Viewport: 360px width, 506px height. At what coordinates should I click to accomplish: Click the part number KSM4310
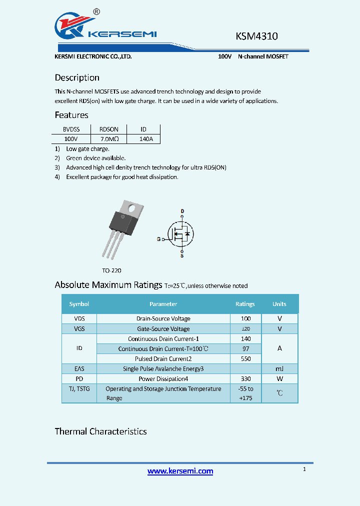(256, 36)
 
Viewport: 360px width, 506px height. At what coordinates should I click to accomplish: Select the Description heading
(77, 77)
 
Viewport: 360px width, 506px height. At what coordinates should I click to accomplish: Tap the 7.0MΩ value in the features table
(108, 138)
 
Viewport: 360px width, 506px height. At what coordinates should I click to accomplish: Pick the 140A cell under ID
(143, 138)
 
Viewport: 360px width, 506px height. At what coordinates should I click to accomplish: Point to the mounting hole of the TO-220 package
(133, 206)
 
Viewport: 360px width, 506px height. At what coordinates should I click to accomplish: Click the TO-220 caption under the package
(111, 270)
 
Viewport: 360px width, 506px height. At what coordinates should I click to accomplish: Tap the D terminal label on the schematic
(182, 211)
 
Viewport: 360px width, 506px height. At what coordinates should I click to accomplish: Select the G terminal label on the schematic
(158, 239)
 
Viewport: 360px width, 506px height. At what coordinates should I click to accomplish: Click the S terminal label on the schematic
(181, 256)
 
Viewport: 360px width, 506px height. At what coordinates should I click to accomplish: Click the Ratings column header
(245, 304)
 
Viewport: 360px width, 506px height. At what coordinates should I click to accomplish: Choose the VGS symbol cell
(79, 329)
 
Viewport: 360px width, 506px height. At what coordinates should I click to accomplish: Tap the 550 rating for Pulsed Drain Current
(245, 359)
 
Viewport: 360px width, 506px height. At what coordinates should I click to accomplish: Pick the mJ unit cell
(279, 369)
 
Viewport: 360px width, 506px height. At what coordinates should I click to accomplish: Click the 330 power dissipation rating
(245, 379)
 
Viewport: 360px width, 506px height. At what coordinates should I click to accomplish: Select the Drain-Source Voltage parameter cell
(163, 318)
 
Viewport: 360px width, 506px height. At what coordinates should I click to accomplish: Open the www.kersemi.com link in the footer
(180, 471)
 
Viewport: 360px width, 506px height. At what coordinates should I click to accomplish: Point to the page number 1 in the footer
(304, 469)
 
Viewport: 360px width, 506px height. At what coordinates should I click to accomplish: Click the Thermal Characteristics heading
(100, 431)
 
